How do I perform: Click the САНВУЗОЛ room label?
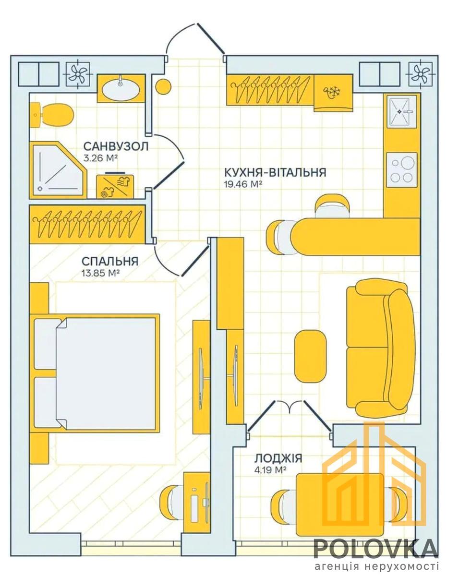coord(116,146)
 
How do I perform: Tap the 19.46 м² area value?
coord(242,184)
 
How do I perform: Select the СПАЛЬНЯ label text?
coord(110,261)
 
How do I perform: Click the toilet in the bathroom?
coord(52,115)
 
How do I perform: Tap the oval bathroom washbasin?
coord(121,88)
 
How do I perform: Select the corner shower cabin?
coord(59,170)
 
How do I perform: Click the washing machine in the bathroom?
coord(115,186)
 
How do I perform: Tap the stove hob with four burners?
coord(402,170)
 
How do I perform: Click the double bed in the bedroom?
coord(97,373)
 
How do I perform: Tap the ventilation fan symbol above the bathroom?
coord(77,74)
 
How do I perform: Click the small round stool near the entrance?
coord(163,86)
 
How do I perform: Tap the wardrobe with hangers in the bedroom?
coord(87,224)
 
